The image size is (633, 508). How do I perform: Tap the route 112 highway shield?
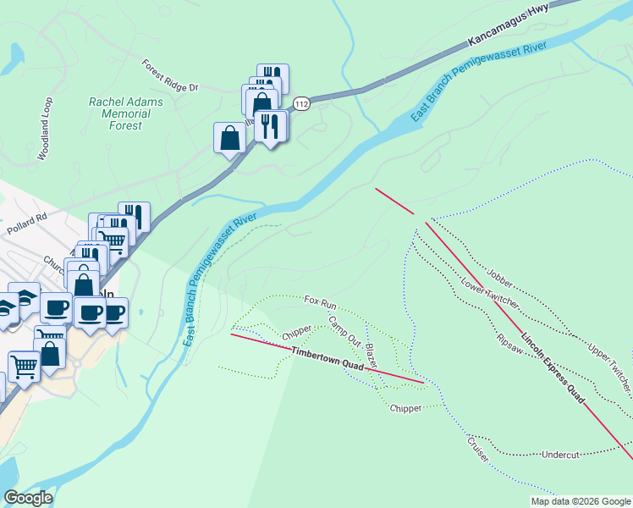(x=300, y=103)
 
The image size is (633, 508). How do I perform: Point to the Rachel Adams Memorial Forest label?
(x=126, y=113)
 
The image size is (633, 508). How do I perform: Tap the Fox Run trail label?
(x=321, y=301)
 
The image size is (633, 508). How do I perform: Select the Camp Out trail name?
(x=344, y=329)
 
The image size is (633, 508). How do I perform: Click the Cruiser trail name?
(x=478, y=448)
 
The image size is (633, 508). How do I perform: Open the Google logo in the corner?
(x=28, y=497)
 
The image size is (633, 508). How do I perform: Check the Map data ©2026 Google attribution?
(x=581, y=501)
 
